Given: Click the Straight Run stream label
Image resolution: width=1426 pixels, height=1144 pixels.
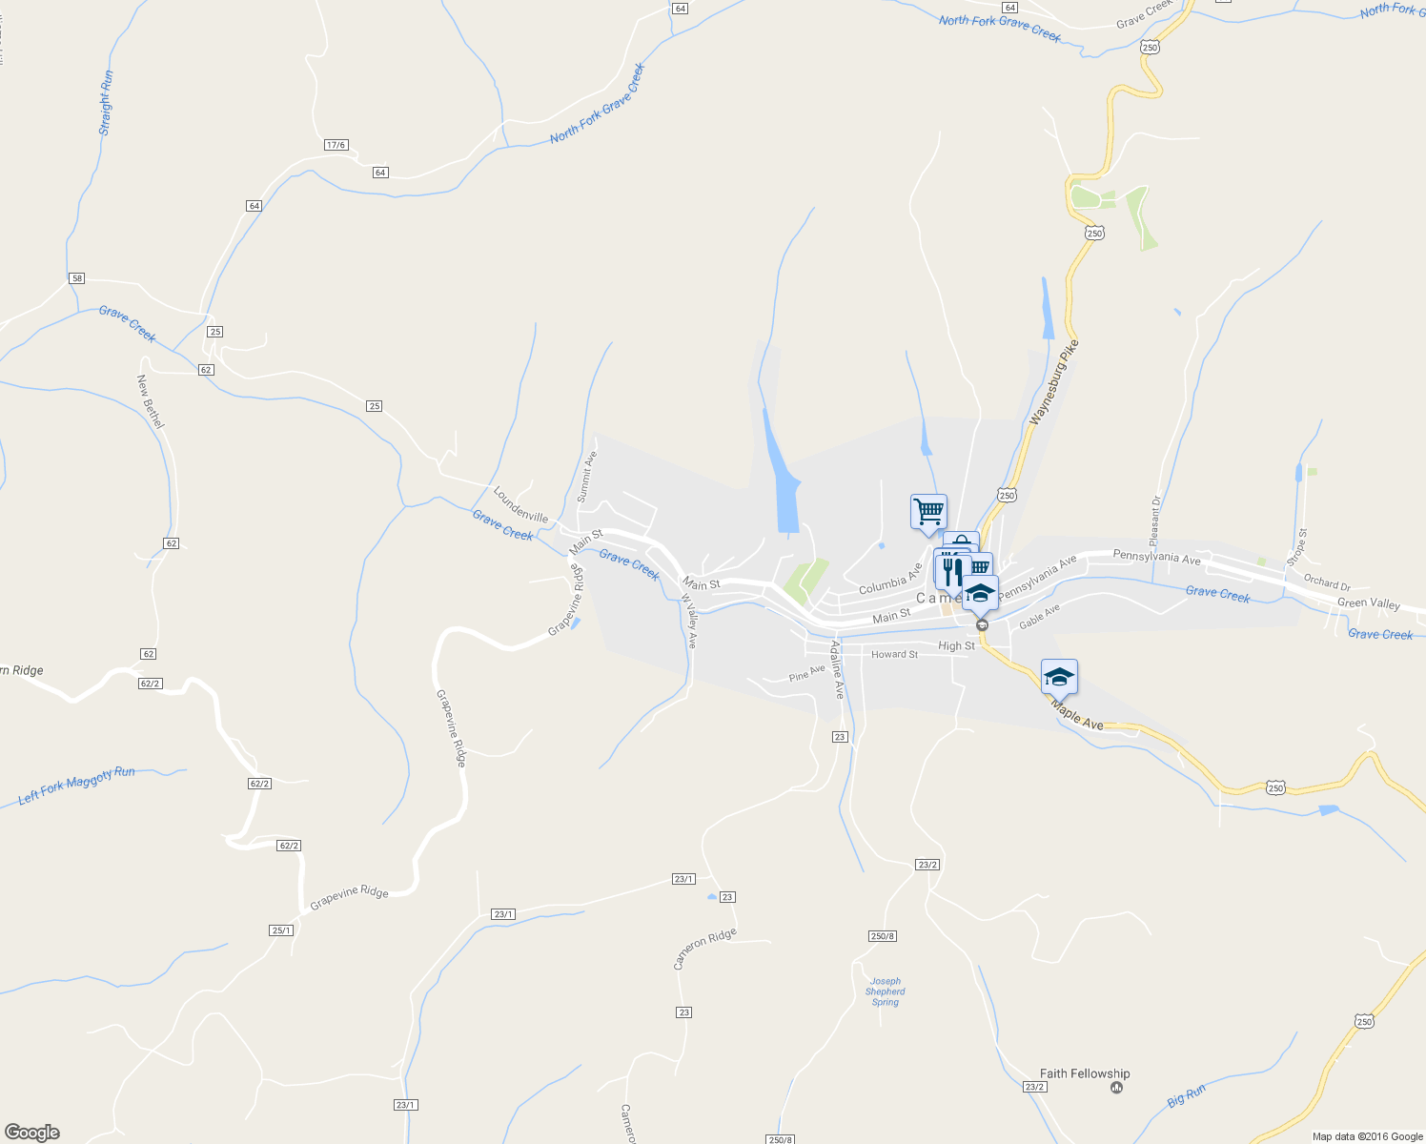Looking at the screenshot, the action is [x=106, y=102].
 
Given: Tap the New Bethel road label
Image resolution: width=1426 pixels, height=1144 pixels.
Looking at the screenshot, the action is [x=151, y=400].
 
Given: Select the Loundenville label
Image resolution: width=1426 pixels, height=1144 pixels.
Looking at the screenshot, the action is [x=520, y=504].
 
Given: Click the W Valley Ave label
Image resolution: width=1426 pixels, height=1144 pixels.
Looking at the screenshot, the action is [x=689, y=622].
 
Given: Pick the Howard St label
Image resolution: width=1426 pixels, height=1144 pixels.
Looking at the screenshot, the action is [x=894, y=655].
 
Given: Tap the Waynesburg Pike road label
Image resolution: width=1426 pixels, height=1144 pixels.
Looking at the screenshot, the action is [x=1055, y=382].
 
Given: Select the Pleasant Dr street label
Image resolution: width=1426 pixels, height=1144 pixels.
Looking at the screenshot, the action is [x=1155, y=520].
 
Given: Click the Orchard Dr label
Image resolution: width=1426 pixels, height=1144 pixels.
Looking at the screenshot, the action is [x=1327, y=582].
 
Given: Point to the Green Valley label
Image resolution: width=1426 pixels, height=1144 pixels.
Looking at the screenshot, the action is [x=1369, y=603].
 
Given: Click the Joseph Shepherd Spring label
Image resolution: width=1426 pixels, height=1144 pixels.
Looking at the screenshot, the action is [x=886, y=991].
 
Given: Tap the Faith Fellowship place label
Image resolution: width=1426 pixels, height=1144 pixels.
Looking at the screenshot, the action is [x=1085, y=1073].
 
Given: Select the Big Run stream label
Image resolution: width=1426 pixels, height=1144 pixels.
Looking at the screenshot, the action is [x=1187, y=1096].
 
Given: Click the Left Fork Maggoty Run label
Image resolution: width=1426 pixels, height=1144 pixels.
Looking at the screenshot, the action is [x=77, y=785].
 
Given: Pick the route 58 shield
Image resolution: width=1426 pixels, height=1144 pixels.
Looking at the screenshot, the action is [x=77, y=278].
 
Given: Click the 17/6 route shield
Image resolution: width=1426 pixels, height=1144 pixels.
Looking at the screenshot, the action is [x=336, y=145].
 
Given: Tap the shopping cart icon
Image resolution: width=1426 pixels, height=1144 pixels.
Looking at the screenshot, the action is [x=928, y=512].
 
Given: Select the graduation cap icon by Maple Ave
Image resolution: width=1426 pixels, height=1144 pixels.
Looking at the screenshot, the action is [x=1059, y=677].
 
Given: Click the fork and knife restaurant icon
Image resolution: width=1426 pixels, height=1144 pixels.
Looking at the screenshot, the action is [x=950, y=570].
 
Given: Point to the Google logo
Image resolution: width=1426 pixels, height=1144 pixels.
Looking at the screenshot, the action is [x=31, y=1133].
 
